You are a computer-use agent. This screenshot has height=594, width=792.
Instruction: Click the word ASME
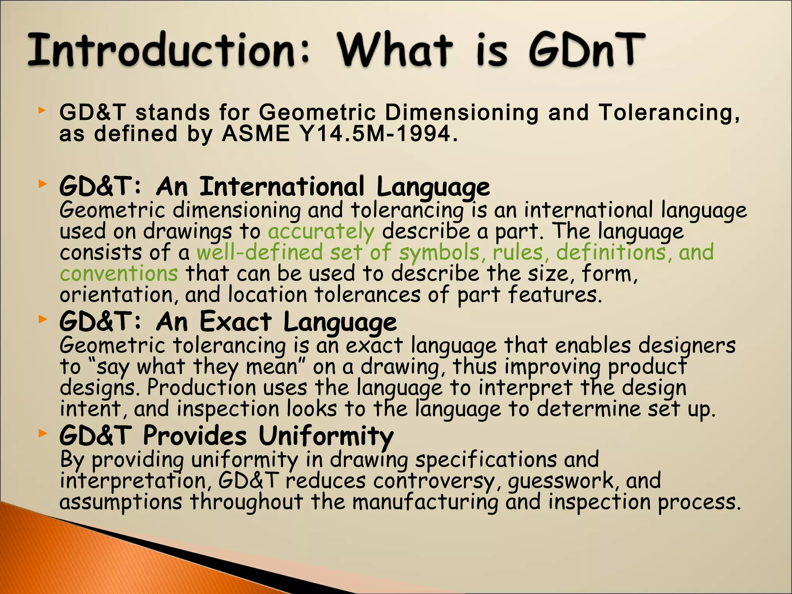click(x=256, y=134)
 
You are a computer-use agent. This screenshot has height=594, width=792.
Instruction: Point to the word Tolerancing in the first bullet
click(x=669, y=113)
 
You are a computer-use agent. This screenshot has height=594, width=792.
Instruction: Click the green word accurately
click(x=321, y=232)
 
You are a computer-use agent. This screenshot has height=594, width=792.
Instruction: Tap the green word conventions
click(x=119, y=274)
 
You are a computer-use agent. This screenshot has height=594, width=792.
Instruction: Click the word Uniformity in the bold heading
click(x=326, y=436)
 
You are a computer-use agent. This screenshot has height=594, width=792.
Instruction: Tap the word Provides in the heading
click(x=195, y=436)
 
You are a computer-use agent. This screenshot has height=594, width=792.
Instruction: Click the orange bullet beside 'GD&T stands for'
click(x=42, y=111)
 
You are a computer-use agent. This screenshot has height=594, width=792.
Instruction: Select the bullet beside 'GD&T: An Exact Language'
click(x=42, y=319)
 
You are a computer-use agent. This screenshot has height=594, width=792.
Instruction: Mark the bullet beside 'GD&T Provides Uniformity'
click(x=42, y=434)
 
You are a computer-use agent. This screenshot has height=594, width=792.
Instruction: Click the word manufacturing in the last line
click(x=425, y=502)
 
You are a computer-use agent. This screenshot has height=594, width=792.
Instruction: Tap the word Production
click(x=201, y=388)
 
